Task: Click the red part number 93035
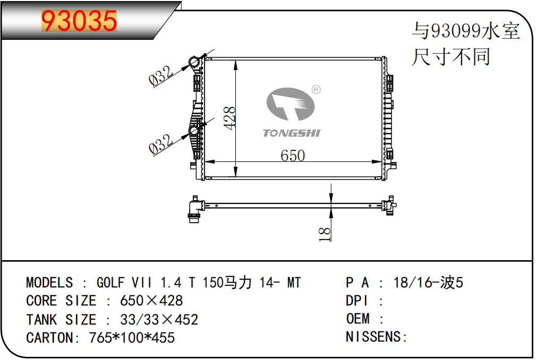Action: (x=79, y=21)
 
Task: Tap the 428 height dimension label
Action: (x=229, y=118)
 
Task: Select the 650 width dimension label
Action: (x=293, y=156)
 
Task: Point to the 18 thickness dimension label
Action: (x=325, y=234)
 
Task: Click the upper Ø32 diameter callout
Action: (x=160, y=75)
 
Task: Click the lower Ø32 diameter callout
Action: (x=160, y=144)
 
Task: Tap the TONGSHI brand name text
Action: (x=292, y=133)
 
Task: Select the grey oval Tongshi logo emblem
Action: (x=290, y=104)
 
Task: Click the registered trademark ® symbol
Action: (x=316, y=90)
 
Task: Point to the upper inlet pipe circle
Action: (x=194, y=63)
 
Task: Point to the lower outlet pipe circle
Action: (x=194, y=131)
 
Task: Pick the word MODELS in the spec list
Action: (x=49, y=282)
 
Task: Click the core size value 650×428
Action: (x=151, y=301)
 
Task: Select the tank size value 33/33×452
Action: (x=159, y=320)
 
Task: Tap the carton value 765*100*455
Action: (x=132, y=338)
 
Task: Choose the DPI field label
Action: (x=357, y=301)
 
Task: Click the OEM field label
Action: (x=358, y=319)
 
